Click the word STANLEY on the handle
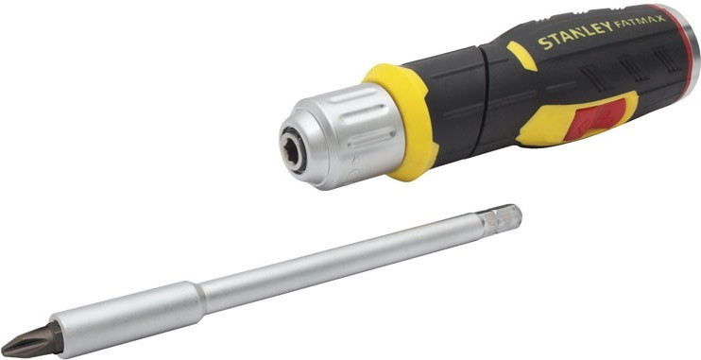575,34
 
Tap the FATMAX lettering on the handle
641,21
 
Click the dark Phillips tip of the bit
30,340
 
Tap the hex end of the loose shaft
502,220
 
